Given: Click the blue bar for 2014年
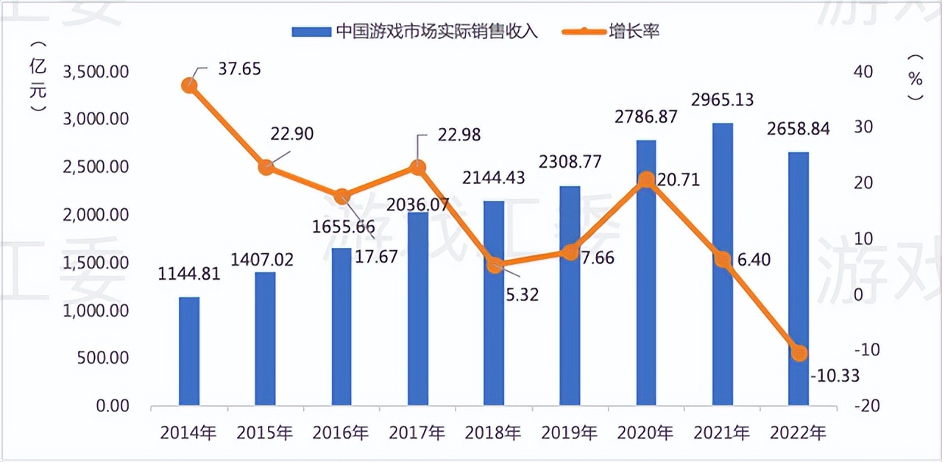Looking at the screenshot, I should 189,351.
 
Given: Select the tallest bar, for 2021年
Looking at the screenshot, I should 723,265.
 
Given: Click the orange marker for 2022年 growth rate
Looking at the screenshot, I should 799,353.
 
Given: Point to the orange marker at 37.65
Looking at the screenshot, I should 189,85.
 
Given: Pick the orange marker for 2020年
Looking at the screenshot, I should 646,180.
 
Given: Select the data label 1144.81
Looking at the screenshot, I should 189,275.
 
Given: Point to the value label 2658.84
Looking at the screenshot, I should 799,129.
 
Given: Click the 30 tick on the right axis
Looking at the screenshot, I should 863,127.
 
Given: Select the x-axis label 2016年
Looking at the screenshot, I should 341,433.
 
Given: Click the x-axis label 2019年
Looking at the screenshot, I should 570,433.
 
